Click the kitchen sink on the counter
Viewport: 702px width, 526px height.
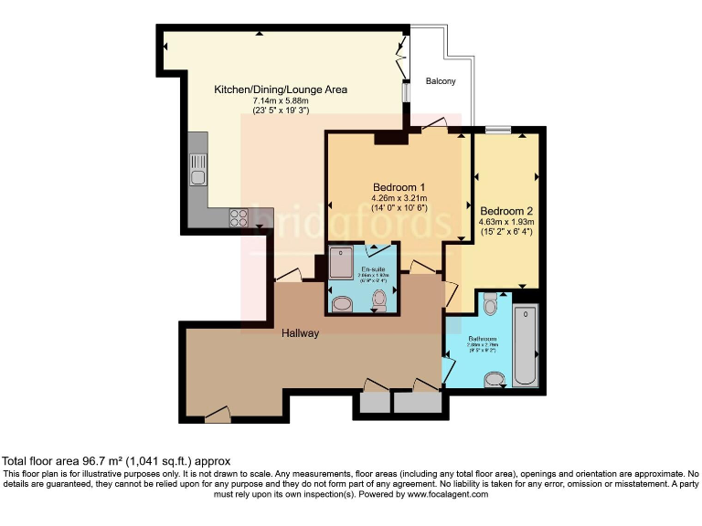pos(197,169)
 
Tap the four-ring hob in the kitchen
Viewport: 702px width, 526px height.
pos(238,217)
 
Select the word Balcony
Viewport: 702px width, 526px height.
pos(441,82)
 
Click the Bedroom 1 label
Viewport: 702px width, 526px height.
pos(399,188)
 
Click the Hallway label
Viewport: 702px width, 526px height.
pos(300,333)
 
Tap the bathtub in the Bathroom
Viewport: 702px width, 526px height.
pos(526,347)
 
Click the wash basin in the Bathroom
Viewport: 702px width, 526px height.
pos(495,379)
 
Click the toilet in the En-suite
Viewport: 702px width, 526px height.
pos(380,299)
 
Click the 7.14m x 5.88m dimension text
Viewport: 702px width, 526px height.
pos(281,100)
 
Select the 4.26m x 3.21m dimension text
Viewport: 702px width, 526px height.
pos(399,199)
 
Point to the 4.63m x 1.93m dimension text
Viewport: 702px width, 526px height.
pos(505,221)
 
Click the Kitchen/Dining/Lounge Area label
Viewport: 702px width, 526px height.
pos(281,89)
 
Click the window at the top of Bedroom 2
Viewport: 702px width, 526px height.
pos(497,131)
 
